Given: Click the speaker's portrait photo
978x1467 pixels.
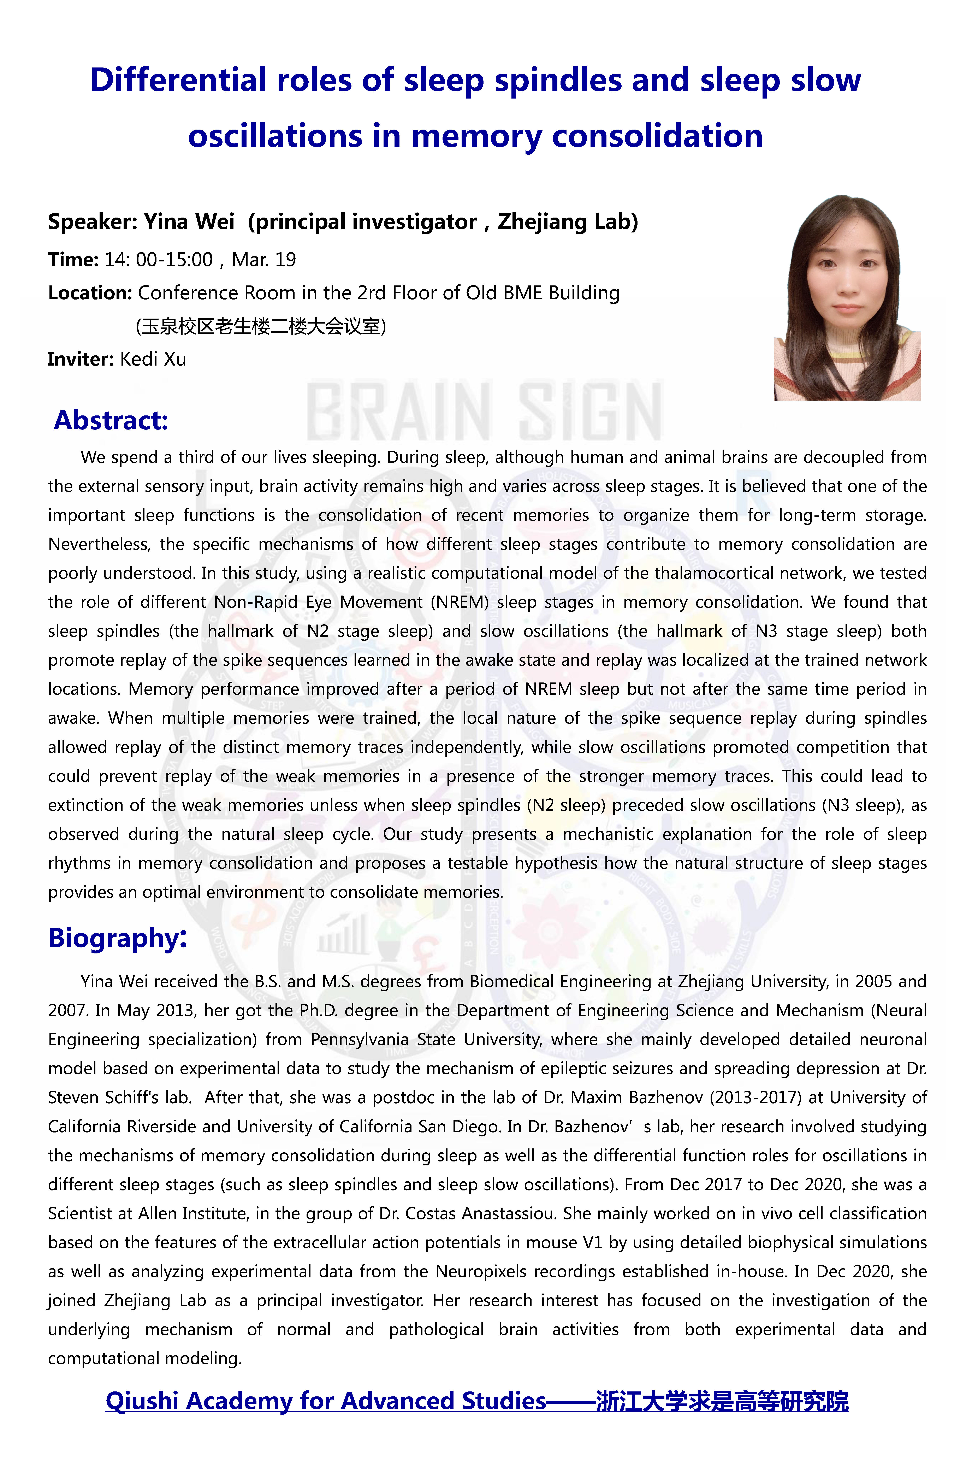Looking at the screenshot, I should (x=847, y=298).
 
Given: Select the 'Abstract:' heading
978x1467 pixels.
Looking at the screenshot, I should (x=111, y=420).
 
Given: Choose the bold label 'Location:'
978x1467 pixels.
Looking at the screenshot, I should (x=90, y=292).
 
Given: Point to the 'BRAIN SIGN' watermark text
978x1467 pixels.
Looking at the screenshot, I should (x=484, y=412).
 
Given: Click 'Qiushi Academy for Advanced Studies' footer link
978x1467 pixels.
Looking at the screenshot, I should (x=326, y=1401).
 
